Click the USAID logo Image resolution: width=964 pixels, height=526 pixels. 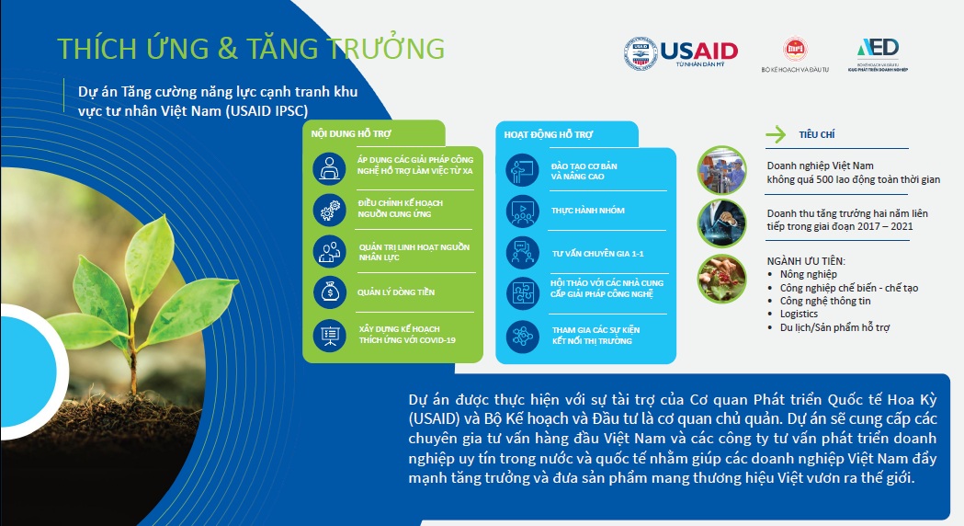(x=681, y=53)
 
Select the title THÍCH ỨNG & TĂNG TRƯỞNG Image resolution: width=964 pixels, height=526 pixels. (x=251, y=48)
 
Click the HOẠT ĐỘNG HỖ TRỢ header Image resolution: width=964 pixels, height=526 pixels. (x=549, y=134)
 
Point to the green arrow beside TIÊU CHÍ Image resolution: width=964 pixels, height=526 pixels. (x=777, y=135)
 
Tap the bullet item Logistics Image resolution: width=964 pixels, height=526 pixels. (x=799, y=314)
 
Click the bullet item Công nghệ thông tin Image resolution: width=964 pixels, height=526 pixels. (x=825, y=301)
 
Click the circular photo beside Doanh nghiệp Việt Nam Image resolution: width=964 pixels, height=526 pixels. (x=721, y=169)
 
